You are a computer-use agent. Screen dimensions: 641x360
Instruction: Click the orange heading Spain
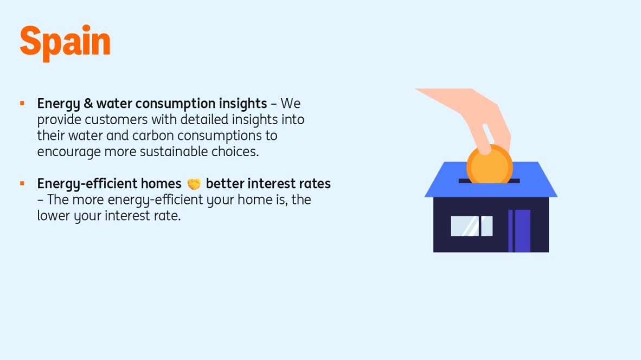65,42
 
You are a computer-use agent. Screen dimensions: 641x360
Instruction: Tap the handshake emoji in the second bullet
194,184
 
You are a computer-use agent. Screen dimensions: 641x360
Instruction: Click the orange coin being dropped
489,165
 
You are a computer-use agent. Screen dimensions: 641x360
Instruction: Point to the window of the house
471,226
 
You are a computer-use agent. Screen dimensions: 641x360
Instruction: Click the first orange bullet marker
22,104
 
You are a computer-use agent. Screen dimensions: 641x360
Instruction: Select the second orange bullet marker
22,183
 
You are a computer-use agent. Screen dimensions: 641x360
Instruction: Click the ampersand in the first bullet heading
88,104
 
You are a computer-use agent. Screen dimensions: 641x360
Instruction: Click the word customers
116,120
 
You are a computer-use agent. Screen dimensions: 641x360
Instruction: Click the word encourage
69,152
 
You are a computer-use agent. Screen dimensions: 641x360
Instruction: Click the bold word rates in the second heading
315,184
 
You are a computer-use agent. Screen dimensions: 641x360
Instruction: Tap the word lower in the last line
54,216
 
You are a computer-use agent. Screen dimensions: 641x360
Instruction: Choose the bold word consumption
176,104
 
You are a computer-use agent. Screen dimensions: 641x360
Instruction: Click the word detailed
204,120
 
